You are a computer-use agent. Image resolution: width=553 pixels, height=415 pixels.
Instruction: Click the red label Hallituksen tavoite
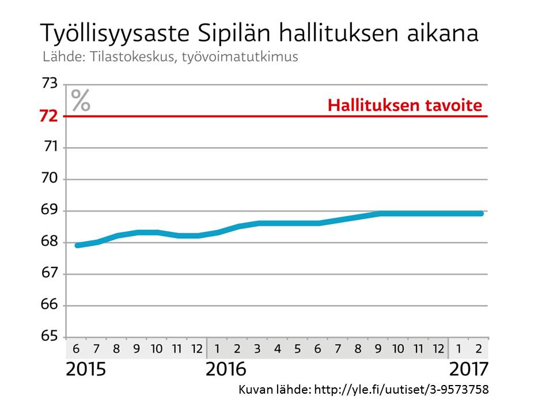(404, 106)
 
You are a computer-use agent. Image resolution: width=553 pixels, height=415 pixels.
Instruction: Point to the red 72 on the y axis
(49, 116)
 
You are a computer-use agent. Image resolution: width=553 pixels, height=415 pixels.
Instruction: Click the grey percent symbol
(81, 100)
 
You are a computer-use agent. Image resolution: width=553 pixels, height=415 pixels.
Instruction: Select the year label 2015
(86, 369)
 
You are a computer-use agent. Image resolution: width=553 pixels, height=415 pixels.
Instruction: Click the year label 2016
(225, 369)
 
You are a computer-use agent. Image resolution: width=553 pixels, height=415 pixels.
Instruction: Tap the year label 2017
(468, 369)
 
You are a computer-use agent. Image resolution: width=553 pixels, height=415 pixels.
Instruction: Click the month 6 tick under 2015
(76, 349)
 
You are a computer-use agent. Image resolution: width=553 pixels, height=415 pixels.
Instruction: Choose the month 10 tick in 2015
(157, 349)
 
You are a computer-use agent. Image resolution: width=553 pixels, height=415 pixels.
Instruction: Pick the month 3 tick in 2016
(257, 349)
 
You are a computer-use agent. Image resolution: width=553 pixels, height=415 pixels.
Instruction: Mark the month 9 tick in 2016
(378, 349)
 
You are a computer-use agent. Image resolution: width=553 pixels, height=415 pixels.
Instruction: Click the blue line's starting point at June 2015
(77, 245)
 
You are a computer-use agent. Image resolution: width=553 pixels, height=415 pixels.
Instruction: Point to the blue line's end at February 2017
(481, 213)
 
